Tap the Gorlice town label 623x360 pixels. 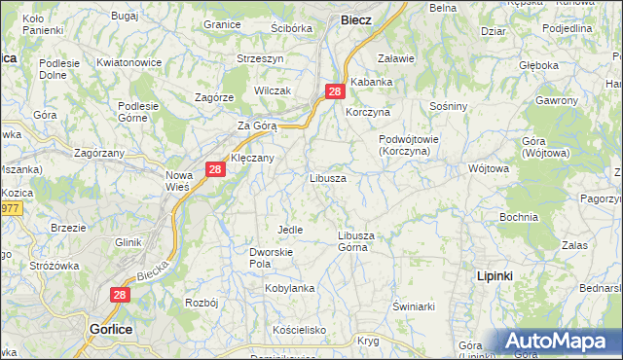(x=111, y=329)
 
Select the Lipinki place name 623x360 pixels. (x=495, y=276)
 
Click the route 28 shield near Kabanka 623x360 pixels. (x=335, y=91)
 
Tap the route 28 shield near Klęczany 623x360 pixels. (x=216, y=170)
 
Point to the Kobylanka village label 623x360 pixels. (x=291, y=289)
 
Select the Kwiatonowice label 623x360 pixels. (x=128, y=63)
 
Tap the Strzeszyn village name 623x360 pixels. (x=260, y=58)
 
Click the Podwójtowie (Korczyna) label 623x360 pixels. (x=409, y=145)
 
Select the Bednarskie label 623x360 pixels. (x=601, y=289)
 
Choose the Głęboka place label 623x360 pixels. (x=538, y=65)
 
